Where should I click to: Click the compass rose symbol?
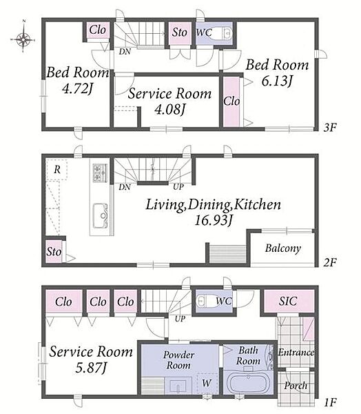click(x=23, y=39)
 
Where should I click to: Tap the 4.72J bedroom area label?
click(x=77, y=88)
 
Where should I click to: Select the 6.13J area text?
click(x=277, y=81)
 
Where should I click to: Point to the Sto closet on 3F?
click(x=180, y=33)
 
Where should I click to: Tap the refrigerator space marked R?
click(x=56, y=170)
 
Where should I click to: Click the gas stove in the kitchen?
click(x=100, y=173)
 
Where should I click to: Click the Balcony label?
click(x=283, y=248)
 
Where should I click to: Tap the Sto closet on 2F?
click(x=54, y=251)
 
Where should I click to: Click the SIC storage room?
click(x=289, y=301)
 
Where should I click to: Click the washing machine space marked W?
click(x=207, y=383)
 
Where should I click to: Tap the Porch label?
click(x=296, y=386)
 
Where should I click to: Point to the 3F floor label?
click(x=330, y=128)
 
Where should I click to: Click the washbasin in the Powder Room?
click(x=178, y=386)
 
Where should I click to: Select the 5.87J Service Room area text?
click(x=91, y=368)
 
